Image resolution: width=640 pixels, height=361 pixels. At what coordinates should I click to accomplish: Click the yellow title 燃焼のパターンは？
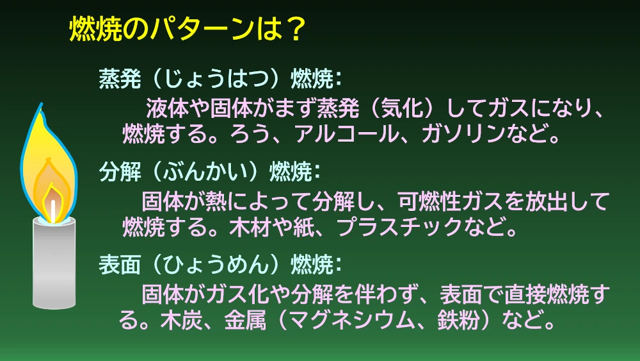pyautogui.click(x=188, y=29)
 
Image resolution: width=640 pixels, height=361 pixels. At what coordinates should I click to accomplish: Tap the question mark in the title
pyautogui.click(x=294, y=29)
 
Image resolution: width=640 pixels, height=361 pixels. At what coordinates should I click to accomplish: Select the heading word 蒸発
pyautogui.click(x=120, y=78)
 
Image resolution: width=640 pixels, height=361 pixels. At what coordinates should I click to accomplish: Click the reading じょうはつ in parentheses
pyautogui.click(x=216, y=78)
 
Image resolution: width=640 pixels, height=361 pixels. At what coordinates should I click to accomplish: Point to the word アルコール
pyautogui.click(x=346, y=133)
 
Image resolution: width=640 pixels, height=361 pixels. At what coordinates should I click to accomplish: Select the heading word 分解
pyautogui.click(x=120, y=171)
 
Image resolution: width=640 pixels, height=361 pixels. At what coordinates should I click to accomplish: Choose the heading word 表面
pyautogui.click(x=120, y=264)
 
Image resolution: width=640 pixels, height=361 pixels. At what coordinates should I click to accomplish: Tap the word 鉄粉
pyautogui.click(x=458, y=320)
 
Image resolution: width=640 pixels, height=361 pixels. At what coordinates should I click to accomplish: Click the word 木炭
pyautogui.click(x=181, y=320)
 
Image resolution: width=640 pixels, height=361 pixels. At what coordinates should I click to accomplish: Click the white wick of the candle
pyautogui.click(x=53, y=211)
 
